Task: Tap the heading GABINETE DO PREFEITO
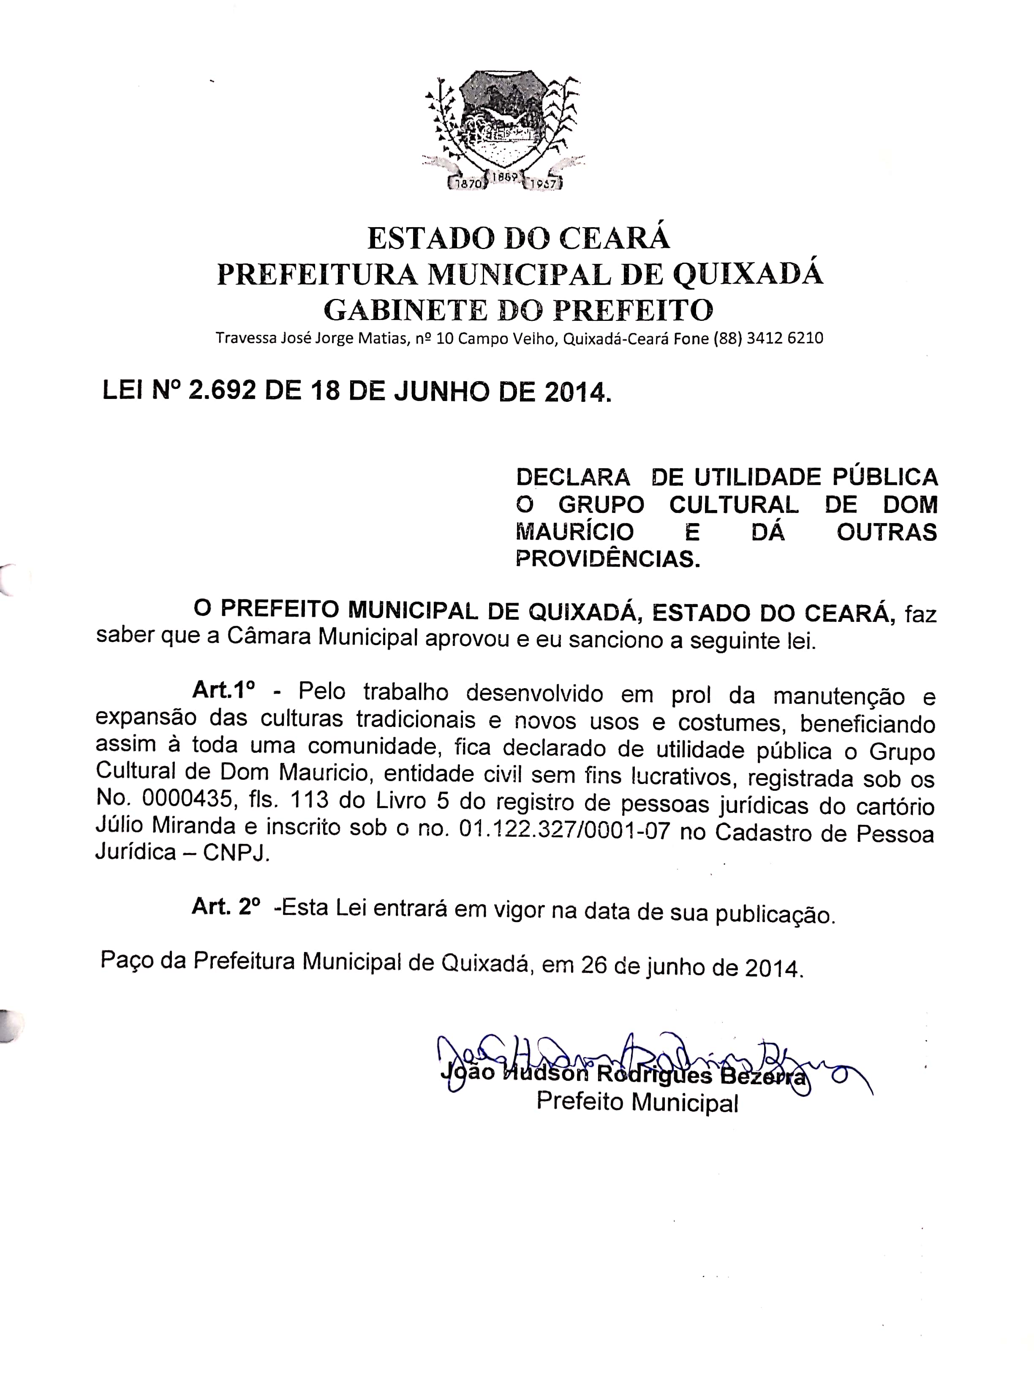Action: (519, 309)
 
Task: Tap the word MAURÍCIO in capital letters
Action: (574, 532)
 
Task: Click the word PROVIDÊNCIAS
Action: (608, 559)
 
